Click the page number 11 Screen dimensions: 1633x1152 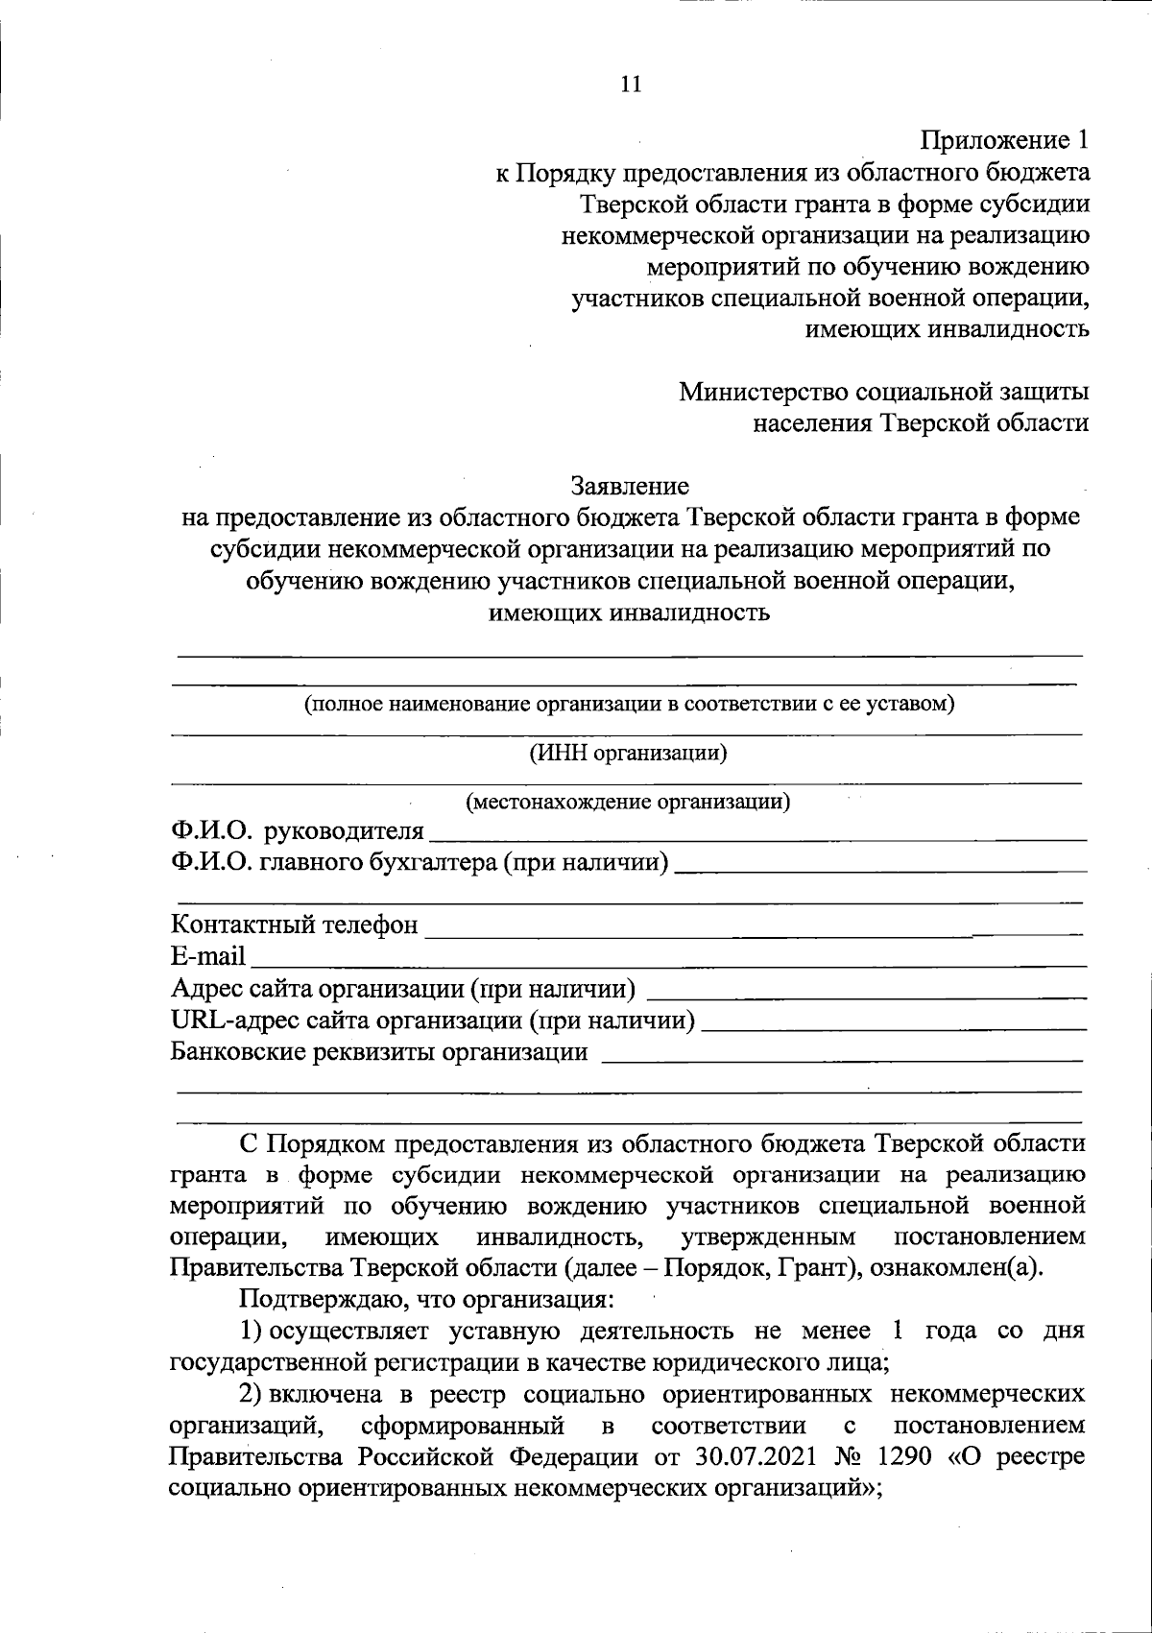(x=630, y=84)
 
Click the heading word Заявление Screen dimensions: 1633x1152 (x=630, y=486)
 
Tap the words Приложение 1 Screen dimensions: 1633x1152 (x=1005, y=141)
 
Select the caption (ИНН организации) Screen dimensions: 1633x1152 (x=629, y=753)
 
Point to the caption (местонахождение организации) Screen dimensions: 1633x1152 (x=628, y=801)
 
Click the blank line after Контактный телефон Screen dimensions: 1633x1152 (x=753, y=931)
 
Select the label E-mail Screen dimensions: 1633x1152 (x=208, y=957)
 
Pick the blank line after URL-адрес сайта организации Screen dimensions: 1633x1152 (x=894, y=1027)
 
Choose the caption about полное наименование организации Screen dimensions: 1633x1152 (x=629, y=705)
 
